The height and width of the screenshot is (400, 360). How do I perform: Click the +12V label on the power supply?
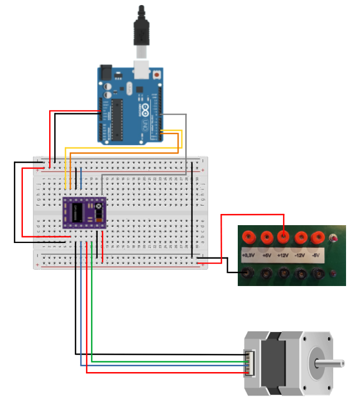[x=284, y=255]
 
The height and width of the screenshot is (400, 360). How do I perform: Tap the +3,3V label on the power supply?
[x=248, y=255]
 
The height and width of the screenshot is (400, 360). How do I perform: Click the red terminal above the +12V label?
[x=284, y=238]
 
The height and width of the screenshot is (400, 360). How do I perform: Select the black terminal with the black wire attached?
[x=248, y=273]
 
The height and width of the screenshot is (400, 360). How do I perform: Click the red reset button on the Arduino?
[x=157, y=74]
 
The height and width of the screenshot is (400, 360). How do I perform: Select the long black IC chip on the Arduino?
[x=117, y=119]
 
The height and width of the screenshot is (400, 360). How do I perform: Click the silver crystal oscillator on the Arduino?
[x=129, y=89]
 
